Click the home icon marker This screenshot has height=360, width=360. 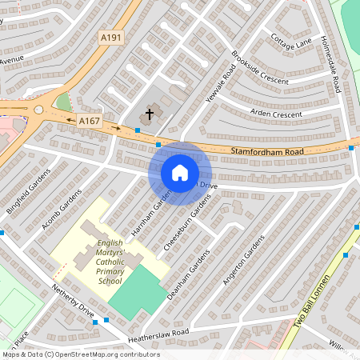tap(180, 172)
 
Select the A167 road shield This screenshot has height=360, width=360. tap(88, 120)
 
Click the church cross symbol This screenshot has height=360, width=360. tap(149, 114)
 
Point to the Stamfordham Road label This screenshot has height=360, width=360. tap(267, 151)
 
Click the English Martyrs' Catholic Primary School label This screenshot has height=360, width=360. tap(110, 262)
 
